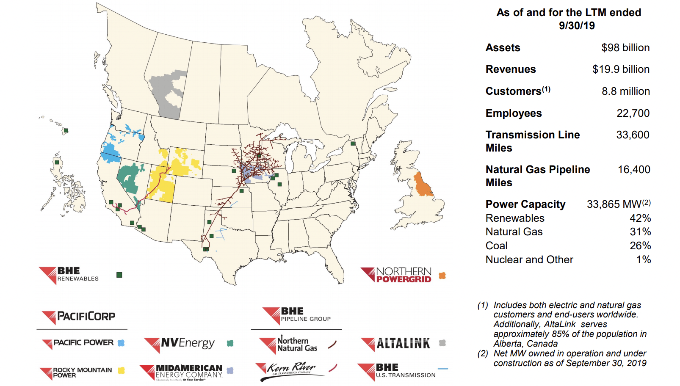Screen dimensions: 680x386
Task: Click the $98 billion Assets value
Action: (x=625, y=48)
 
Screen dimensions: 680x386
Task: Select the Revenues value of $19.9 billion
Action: (x=620, y=69)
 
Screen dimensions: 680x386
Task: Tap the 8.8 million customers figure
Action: (x=625, y=91)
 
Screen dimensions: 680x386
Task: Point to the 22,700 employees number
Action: (x=633, y=113)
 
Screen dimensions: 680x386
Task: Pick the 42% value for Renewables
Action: (x=640, y=218)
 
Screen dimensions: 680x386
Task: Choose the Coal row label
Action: (x=496, y=246)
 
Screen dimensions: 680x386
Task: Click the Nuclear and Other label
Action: (x=529, y=260)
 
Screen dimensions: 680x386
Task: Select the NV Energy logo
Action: (x=180, y=344)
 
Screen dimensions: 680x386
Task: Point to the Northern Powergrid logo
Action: (x=396, y=275)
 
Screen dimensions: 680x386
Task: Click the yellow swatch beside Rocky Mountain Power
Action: (x=121, y=371)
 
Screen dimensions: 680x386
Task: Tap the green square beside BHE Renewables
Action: (x=119, y=275)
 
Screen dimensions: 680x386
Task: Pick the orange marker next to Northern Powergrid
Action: (x=442, y=276)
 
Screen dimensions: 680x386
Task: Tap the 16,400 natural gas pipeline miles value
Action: (x=633, y=170)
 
